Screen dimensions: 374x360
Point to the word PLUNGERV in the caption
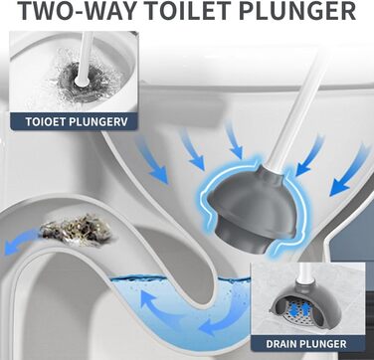(98, 121)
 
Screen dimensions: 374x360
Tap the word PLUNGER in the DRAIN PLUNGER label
(323, 344)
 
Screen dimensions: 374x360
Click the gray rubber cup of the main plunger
(251, 207)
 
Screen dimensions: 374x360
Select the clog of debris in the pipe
(76, 230)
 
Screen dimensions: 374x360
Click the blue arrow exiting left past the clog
(20, 242)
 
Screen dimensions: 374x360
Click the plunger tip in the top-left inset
(81, 81)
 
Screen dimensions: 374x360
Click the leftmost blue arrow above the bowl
(152, 160)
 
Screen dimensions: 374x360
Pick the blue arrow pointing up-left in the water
(158, 306)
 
